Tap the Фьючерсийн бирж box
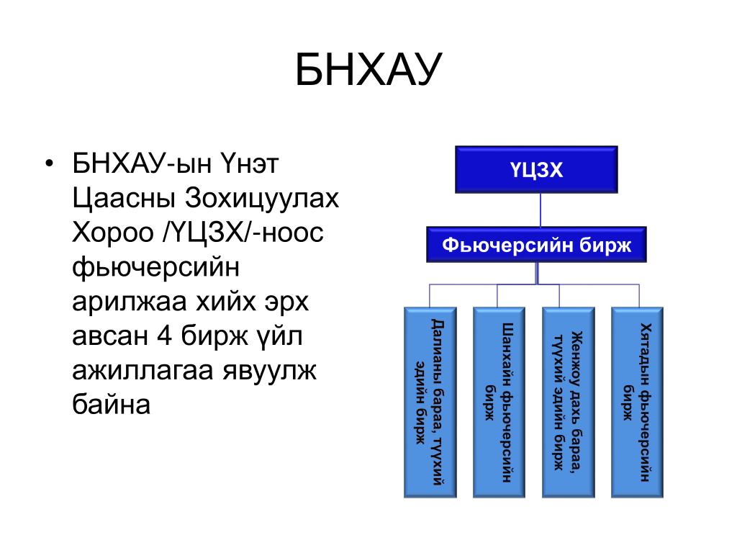coord(536,245)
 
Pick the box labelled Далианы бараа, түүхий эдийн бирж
coord(430,402)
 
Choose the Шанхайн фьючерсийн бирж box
coord(499,402)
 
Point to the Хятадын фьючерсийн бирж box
coord(637,402)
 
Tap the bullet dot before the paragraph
coord(48,163)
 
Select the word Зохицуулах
coord(262,199)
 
